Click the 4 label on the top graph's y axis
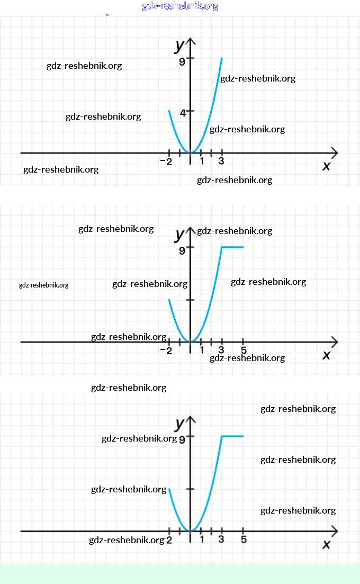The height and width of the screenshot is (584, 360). pyautogui.click(x=183, y=112)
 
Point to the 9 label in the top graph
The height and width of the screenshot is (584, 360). pyautogui.click(x=182, y=61)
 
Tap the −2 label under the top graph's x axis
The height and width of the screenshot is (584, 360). pyautogui.click(x=166, y=162)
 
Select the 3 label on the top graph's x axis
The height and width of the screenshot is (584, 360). pyautogui.click(x=221, y=161)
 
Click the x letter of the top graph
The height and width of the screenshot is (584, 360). pyautogui.click(x=326, y=166)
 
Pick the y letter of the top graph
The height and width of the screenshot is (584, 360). pyautogui.click(x=179, y=46)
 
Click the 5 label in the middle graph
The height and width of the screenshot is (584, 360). pyautogui.click(x=243, y=350)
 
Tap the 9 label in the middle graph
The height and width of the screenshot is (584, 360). pyautogui.click(x=182, y=250)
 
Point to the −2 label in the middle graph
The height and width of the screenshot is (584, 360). pyautogui.click(x=166, y=351)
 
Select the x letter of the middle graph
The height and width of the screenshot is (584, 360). pyautogui.click(x=326, y=355)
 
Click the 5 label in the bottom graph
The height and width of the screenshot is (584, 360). pyautogui.click(x=243, y=540)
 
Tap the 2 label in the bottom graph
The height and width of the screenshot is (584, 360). pyautogui.click(x=169, y=540)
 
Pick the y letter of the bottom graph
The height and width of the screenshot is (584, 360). pyautogui.click(x=179, y=424)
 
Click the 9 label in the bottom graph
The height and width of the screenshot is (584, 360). pyautogui.click(x=182, y=439)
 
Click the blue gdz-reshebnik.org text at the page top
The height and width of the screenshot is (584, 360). pyautogui.click(x=180, y=6)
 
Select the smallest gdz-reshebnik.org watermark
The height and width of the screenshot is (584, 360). pyautogui.click(x=43, y=285)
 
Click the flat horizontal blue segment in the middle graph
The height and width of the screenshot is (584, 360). pyautogui.click(x=232, y=247)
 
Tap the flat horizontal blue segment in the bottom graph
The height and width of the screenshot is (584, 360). pyautogui.click(x=232, y=436)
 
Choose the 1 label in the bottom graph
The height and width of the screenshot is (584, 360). pyautogui.click(x=202, y=540)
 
